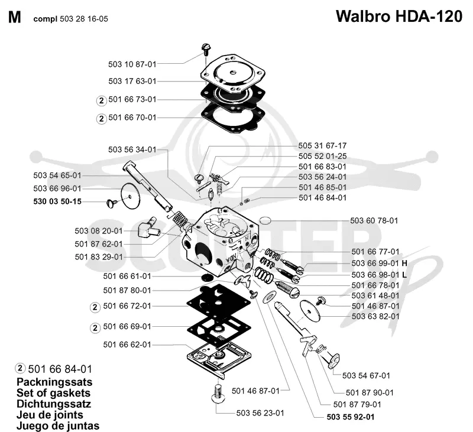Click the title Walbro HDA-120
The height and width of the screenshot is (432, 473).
[399, 17]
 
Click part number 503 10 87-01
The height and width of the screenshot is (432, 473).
[132, 64]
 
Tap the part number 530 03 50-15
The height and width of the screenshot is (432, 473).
[57, 202]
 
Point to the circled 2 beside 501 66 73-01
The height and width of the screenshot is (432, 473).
[101, 100]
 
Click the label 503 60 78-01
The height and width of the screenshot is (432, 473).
[374, 220]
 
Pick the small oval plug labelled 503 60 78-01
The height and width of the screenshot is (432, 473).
[265, 220]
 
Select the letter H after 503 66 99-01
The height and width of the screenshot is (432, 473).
[404, 263]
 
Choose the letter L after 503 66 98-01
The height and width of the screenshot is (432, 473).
[404, 275]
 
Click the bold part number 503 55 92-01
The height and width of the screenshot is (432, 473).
[351, 417]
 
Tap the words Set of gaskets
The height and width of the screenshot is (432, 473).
[53, 393]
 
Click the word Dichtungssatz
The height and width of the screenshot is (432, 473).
[54, 404]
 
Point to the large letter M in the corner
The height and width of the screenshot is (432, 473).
[14, 18]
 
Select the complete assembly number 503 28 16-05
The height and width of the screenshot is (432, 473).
[84, 19]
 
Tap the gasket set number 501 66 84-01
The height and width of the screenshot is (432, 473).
[60, 369]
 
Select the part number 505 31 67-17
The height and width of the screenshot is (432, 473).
[322, 145]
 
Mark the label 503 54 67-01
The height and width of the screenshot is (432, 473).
[366, 376]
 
